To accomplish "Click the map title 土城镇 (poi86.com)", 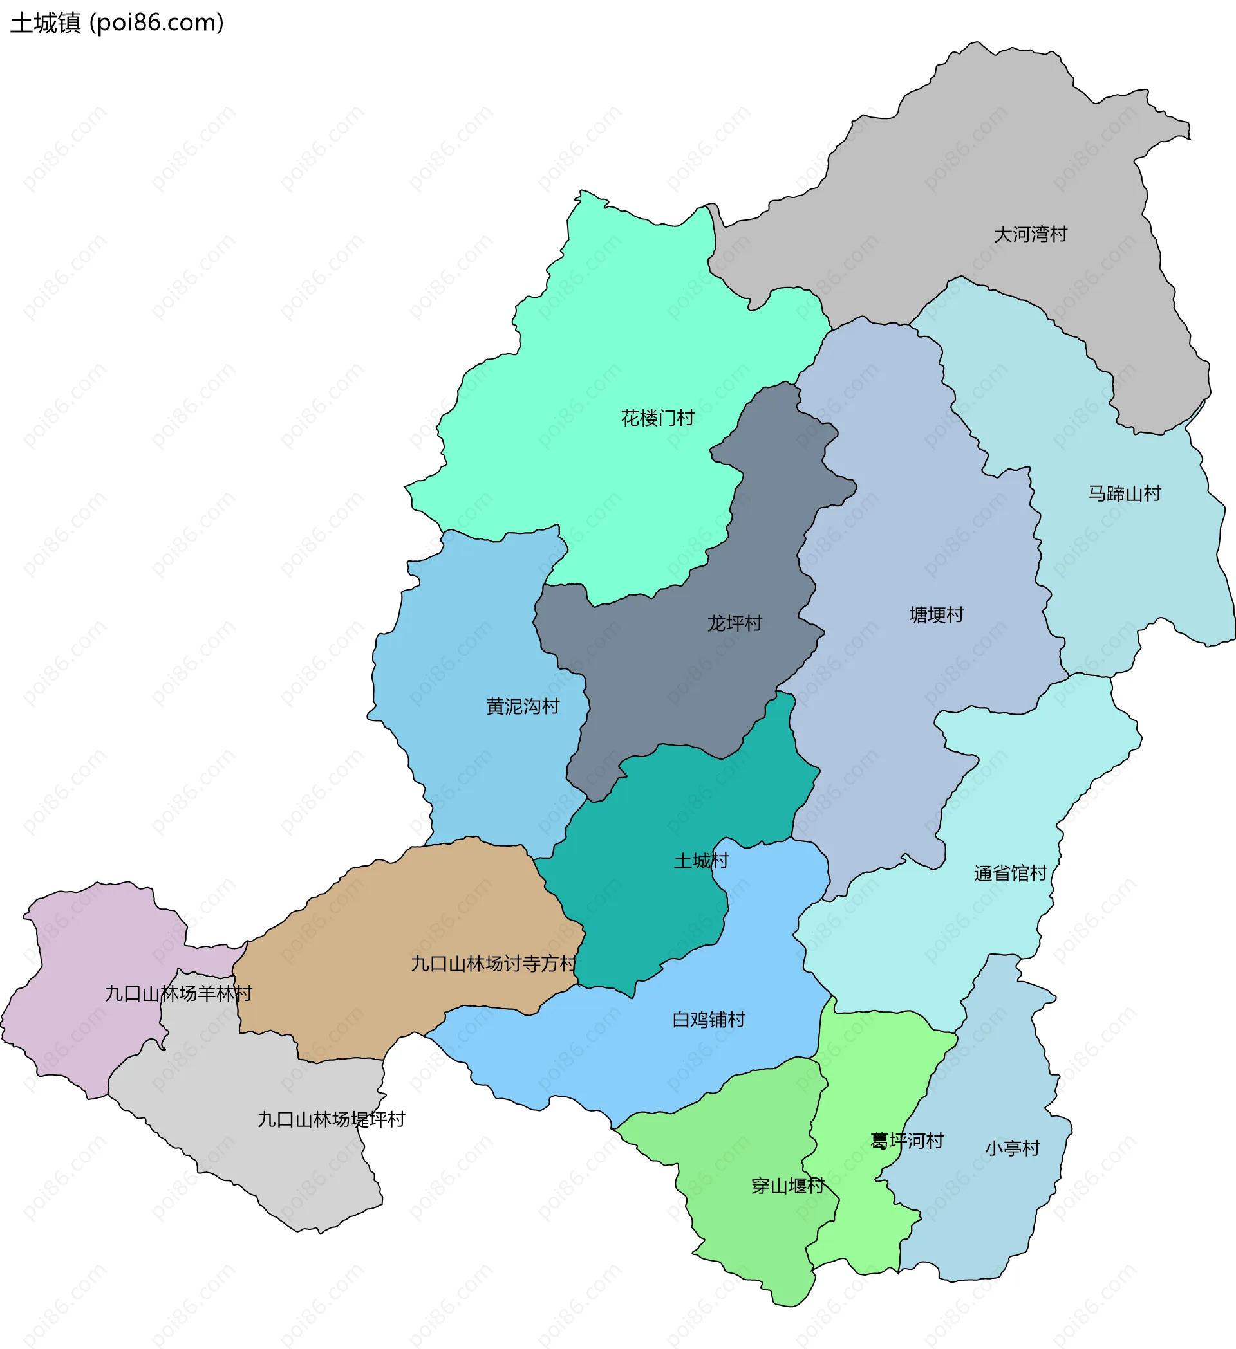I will click(x=117, y=23).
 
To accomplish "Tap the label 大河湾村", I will click(x=1030, y=234).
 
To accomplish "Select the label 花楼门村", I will click(x=657, y=418).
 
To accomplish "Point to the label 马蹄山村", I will click(x=1124, y=494).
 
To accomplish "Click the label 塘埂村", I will click(x=936, y=615).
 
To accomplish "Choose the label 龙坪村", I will click(x=735, y=623).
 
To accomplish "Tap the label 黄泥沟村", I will click(x=522, y=706).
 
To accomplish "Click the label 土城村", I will click(x=700, y=861).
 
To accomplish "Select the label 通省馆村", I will click(x=1009, y=873).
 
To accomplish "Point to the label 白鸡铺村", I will click(x=708, y=1020).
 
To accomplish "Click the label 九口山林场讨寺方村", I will click(x=494, y=964).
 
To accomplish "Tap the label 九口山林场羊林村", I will click(x=178, y=993).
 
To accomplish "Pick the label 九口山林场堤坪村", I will click(x=332, y=1119).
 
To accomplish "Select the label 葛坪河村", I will click(x=906, y=1141).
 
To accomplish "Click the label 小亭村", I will click(x=1013, y=1148).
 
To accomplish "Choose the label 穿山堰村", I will click(x=787, y=1186).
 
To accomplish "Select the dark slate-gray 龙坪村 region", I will click(x=669, y=676).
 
